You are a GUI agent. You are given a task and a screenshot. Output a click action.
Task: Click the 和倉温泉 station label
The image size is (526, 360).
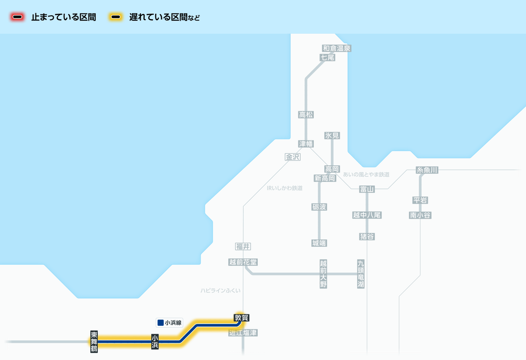(337, 48)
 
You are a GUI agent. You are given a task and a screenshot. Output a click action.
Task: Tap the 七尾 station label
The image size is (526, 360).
(327, 57)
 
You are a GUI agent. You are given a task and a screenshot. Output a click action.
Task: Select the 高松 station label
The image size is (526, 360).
(306, 115)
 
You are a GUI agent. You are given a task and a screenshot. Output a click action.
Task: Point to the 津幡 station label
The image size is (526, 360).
(306, 143)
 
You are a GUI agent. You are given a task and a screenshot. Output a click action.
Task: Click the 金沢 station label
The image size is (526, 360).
(292, 157)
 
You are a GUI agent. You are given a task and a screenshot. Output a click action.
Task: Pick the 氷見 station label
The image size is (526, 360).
(332, 136)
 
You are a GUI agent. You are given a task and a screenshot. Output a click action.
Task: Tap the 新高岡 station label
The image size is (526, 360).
(325, 178)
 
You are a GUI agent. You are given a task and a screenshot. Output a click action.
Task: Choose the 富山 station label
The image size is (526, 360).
(366, 189)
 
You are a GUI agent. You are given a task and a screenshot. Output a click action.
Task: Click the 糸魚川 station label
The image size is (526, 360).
(427, 170)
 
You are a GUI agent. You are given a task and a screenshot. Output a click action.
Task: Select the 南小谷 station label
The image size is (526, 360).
(420, 215)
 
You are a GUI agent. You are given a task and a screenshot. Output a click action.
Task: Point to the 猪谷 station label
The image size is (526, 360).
(367, 237)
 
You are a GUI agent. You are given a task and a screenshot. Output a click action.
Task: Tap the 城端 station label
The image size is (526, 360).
(319, 243)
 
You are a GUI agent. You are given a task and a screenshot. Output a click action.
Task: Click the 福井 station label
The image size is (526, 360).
(243, 246)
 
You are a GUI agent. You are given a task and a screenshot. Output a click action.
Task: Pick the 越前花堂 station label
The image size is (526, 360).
(243, 262)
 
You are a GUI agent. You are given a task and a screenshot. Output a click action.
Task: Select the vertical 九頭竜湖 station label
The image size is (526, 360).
(361, 274)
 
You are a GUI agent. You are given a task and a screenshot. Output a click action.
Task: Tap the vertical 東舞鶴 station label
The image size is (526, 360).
(94, 341)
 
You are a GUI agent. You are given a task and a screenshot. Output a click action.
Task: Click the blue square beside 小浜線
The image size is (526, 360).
(160, 323)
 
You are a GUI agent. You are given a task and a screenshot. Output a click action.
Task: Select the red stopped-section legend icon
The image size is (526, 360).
(18, 18)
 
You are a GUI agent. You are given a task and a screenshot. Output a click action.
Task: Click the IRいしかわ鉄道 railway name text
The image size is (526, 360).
(284, 188)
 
